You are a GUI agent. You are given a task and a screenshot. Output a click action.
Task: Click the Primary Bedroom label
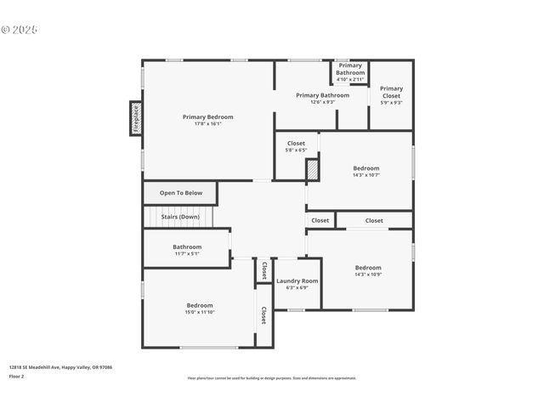click(207, 116)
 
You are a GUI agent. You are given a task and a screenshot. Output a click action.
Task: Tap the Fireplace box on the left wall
click(135, 118)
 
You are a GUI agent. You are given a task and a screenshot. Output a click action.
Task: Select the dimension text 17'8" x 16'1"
click(207, 124)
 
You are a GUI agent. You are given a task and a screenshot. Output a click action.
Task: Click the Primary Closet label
click(391, 88)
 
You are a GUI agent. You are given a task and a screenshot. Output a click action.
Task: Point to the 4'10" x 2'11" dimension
click(350, 79)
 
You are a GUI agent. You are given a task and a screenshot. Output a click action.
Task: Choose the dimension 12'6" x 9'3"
click(322, 102)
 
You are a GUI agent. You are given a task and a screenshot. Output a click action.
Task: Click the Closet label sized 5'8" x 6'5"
click(296, 143)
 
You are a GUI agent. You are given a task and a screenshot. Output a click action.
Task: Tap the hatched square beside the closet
click(312, 170)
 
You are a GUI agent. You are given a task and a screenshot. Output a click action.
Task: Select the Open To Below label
click(181, 193)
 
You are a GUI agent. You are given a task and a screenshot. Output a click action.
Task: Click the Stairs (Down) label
click(180, 217)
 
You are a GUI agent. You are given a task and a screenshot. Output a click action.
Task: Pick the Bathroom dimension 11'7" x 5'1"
click(187, 253)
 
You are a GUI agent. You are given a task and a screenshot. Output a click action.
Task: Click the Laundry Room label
click(297, 280)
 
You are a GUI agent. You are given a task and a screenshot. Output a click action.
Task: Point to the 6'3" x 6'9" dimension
click(297, 287)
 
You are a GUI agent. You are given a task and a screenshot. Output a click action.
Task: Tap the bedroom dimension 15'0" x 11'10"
click(200, 312)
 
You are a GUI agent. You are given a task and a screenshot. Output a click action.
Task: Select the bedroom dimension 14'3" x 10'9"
click(368, 275)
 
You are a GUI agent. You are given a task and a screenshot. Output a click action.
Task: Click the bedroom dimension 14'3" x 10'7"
click(366, 175)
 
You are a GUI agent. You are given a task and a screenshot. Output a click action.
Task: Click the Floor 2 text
click(17, 376)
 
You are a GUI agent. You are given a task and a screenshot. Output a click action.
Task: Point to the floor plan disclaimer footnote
click(272, 378)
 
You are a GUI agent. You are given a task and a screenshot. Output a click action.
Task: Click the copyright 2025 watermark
click(20, 30)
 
